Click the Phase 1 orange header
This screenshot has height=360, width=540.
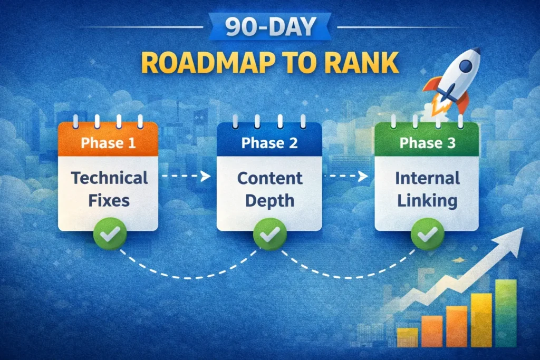[108, 142]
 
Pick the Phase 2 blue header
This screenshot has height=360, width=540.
[269, 142]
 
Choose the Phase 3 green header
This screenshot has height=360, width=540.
[427, 142]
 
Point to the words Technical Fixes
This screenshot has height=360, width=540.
[109, 189]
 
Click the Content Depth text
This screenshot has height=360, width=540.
[269, 189]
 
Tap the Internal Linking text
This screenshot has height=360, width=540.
[427, 189]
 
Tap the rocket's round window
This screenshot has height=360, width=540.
[466, 66]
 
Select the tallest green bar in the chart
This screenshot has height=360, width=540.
[505, 313]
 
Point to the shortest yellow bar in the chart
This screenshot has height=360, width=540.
[407, 337]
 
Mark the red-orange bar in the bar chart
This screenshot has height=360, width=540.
[457, 327]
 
